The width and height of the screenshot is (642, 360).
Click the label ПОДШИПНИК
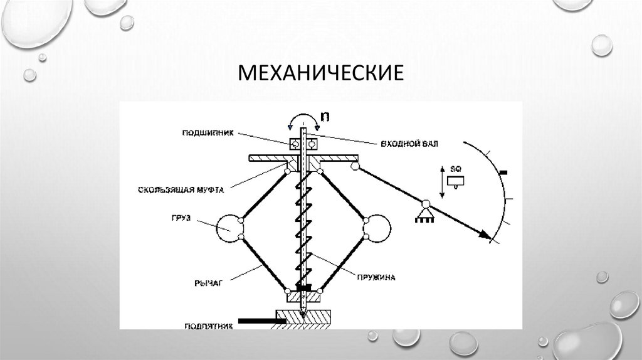click(x=199, y=132)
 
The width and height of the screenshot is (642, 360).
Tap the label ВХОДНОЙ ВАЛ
click(x=409, y=144)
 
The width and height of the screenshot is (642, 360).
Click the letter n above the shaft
click(x=325, y=116)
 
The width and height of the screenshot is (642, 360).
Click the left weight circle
click(x=230, y=228)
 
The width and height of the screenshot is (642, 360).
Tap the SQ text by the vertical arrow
click(x=456, y=169)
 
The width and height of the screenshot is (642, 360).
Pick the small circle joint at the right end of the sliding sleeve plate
click(x=355, y=166)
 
